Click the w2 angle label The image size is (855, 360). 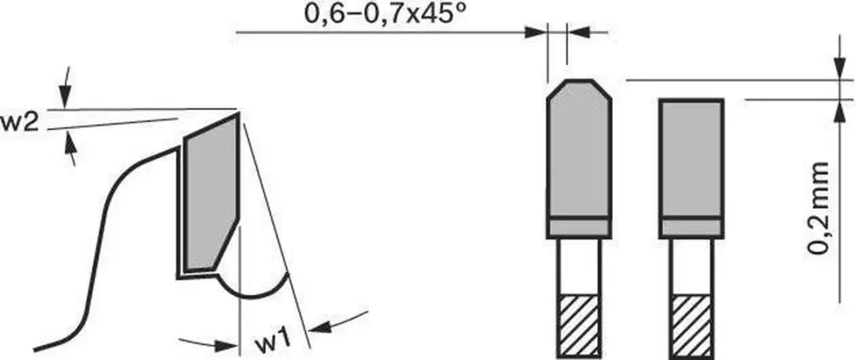tap(19, 123)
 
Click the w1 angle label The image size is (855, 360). tap(272, 343)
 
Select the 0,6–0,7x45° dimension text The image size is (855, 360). tap(386, 13)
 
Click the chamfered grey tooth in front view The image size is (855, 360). tap(579, 150)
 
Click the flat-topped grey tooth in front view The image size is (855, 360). tap(691, 159)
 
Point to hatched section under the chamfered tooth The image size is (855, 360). tap(579, 327)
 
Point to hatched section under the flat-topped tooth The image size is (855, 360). tap(691, 327)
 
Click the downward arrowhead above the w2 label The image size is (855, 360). tap(66, 99)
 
